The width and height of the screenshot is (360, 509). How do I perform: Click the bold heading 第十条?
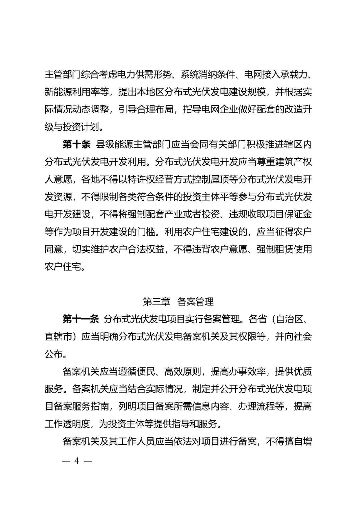(76, 145)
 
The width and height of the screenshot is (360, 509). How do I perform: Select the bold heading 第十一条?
(81, 319)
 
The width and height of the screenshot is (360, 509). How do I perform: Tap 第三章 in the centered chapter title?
(156, 302)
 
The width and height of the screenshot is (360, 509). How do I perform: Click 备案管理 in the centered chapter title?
(195, 302)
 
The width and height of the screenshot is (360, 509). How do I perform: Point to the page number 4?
(77, 461)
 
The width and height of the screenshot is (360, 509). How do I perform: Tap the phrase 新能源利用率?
(72, 92)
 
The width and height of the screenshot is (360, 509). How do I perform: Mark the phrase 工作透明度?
(67, 424)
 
